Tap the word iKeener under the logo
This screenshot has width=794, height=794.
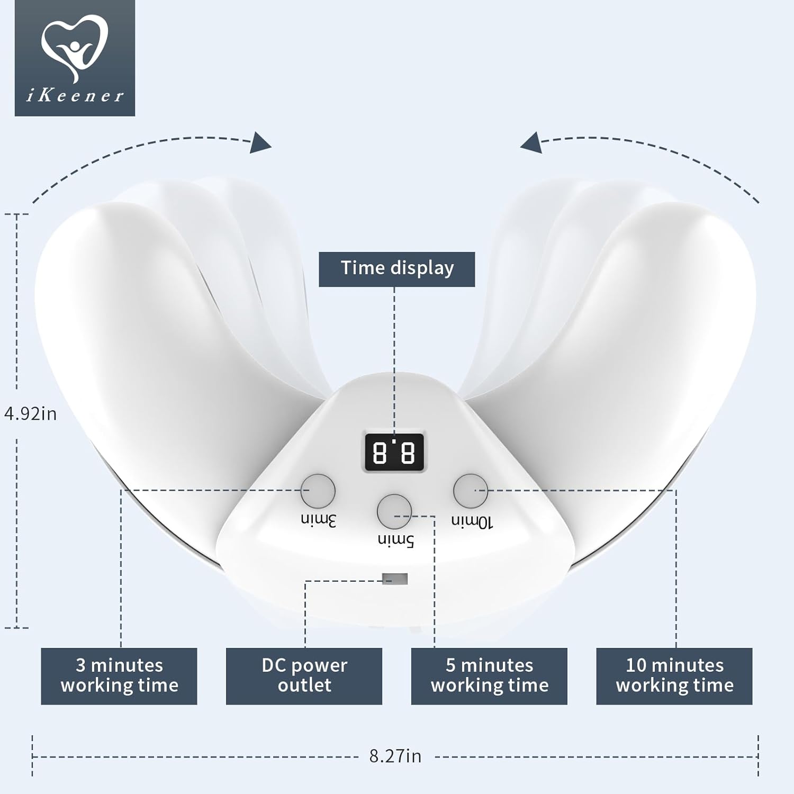(x=75, y=96)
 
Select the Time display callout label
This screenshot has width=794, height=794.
(x=396, y=269)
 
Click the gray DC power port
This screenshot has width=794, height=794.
(x=395, y=579)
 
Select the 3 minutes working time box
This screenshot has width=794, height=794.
(x=119, y=676)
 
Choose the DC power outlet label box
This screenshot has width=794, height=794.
(x=304, y=676)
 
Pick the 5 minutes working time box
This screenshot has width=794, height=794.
(x=489, y=676)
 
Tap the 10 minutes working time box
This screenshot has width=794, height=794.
(x=674, y=676)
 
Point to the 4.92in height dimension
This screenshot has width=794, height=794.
(x=31, y=413)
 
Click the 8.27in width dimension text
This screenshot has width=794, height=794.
(x=395, y=756)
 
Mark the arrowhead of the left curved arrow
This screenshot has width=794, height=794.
(x=260, y=143)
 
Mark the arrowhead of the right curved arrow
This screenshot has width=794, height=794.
(x=531, y=143)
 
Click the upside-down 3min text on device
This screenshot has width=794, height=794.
(x=319, y=520)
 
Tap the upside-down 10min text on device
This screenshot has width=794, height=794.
(x=472, y=522)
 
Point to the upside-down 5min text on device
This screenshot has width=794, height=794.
(x=395, y=540)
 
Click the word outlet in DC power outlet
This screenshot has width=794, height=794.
(x=304, y=685)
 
